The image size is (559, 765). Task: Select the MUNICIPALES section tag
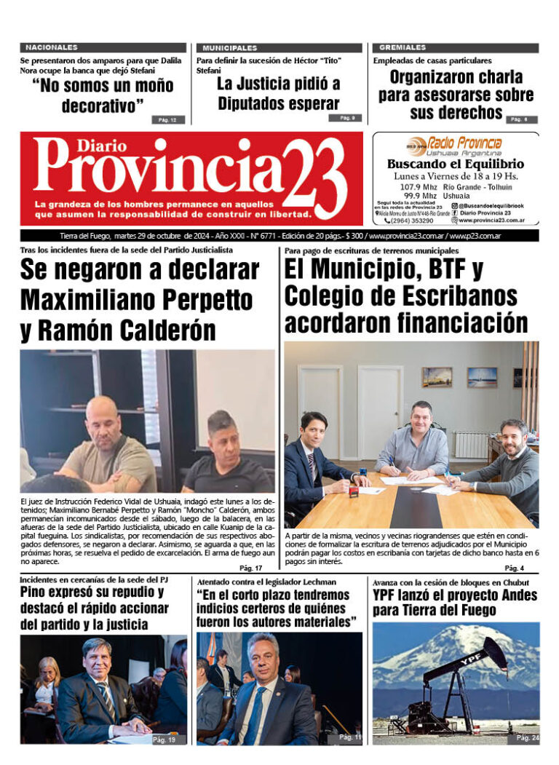pos(230,47)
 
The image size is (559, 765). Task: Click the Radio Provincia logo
pos(454,144)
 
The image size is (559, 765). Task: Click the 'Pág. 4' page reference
pos(514,568)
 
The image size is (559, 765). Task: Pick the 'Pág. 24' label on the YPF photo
pos(528,737)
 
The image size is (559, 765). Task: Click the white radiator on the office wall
pos(471,445)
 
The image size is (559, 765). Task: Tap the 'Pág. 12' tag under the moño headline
pos(167,119)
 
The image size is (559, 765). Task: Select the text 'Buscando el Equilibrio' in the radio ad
pos(455,164)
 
